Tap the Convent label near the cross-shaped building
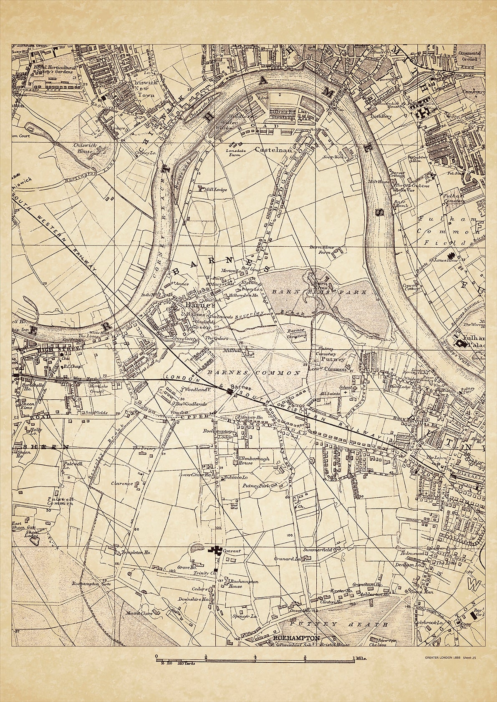[x=232, y=551]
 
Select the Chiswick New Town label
[x=144, y=89]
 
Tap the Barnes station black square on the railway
[x=230, y=391]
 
